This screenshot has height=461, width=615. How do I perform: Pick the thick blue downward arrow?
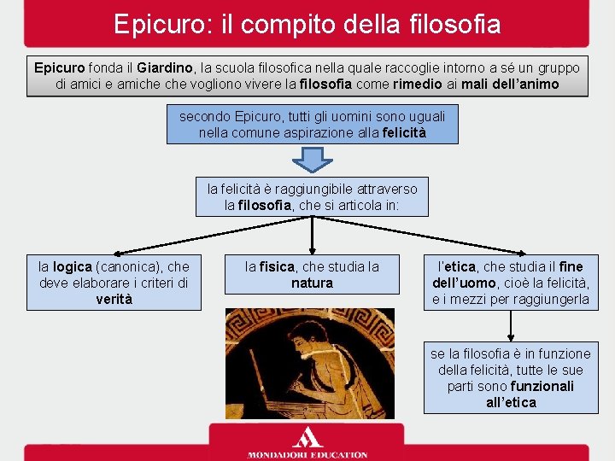coord(312,160)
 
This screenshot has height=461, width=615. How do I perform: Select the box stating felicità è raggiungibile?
coord(312,196)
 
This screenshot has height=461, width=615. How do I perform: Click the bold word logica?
coord(73,267)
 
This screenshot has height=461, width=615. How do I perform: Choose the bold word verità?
coord(114,300)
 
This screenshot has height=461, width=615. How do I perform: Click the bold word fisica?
coord(276,267)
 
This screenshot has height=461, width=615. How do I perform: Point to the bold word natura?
coord(312,283)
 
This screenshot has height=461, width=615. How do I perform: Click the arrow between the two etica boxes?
coord(510,326)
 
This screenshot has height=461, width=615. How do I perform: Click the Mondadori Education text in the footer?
coord(307,454)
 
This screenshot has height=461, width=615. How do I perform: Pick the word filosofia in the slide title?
coord(452,23)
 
